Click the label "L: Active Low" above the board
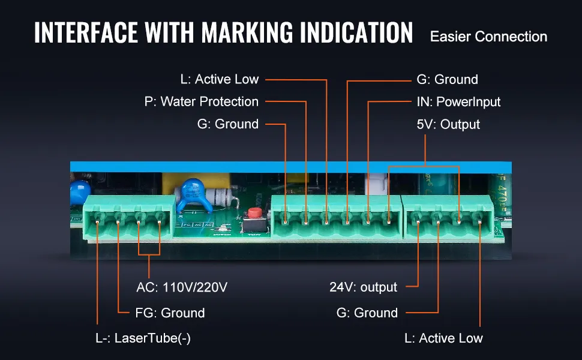coord(219,79)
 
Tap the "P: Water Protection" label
coord(202,101)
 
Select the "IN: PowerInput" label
coord(458,101)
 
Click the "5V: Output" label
coord(448,124)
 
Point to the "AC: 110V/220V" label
coord(182,287)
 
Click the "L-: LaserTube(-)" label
coord(143,338)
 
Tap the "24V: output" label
coord(363,287)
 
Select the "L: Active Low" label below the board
coord(443,338)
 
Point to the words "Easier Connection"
coord(488,37)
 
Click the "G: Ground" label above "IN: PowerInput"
coord(447,79)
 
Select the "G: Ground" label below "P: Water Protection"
coord(227,124)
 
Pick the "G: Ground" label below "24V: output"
coord(367,313)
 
